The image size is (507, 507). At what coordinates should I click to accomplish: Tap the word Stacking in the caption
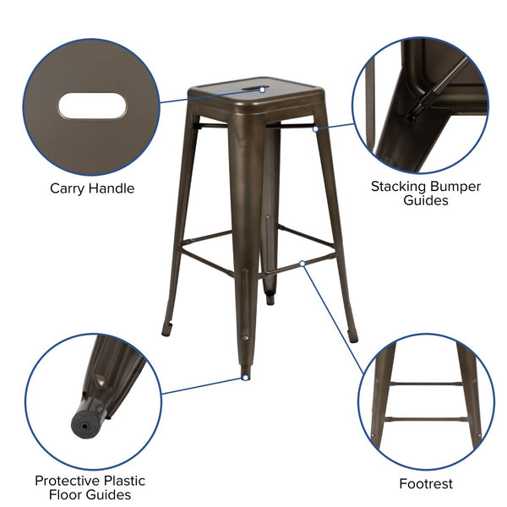click(x=400, y=186)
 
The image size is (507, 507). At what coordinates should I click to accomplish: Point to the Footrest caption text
click(x=426, y=484)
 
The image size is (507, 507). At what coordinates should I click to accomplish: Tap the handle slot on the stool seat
click(x=252, y=87)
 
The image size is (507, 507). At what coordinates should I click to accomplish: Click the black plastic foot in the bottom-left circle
click(x=84, y=417)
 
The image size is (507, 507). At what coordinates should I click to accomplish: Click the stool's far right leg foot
click(x=352, y=335)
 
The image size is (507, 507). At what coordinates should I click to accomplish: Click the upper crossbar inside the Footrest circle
click(x=424, y=384)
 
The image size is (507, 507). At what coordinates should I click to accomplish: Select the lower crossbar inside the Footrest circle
click(x=424, y=417)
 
